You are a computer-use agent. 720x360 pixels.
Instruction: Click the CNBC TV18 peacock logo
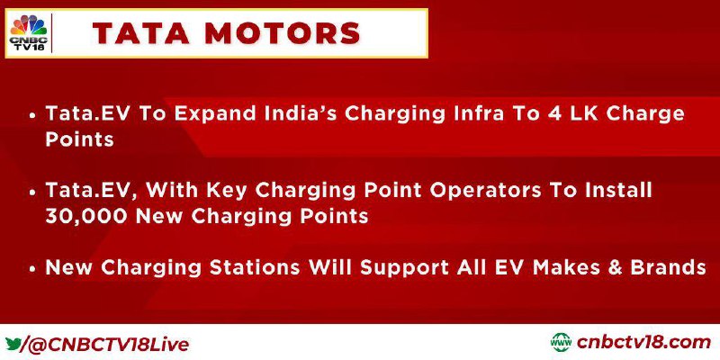(x=29, y=32)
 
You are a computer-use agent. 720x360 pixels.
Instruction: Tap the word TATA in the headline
(x=140, y=33)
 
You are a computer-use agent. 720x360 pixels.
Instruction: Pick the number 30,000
(x=85, y=216)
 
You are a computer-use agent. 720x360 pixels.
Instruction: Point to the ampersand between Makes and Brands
(x=616, y=266)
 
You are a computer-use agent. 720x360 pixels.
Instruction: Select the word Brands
(x=669, y=266)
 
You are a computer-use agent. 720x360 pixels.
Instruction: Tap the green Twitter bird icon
(x=13, y=343)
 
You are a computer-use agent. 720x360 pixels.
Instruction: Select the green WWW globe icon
(x=561, y=343)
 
